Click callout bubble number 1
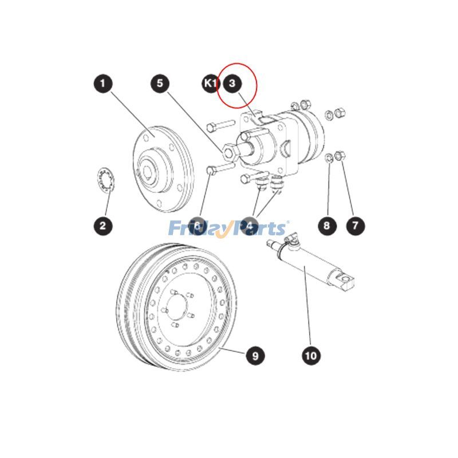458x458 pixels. coord(102,84)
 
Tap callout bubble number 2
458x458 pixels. coord(102,225)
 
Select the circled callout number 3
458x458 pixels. coord(232,84)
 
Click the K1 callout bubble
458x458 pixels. coord(210,84)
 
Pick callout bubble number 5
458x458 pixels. coord(160,84)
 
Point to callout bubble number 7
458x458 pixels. coord(355,225)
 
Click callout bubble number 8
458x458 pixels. coord(326,225)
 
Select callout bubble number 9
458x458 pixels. coord(255,356)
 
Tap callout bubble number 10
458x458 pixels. coord(310,356)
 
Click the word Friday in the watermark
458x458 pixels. coord(194,229)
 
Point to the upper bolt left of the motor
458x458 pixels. coord(218,124)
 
